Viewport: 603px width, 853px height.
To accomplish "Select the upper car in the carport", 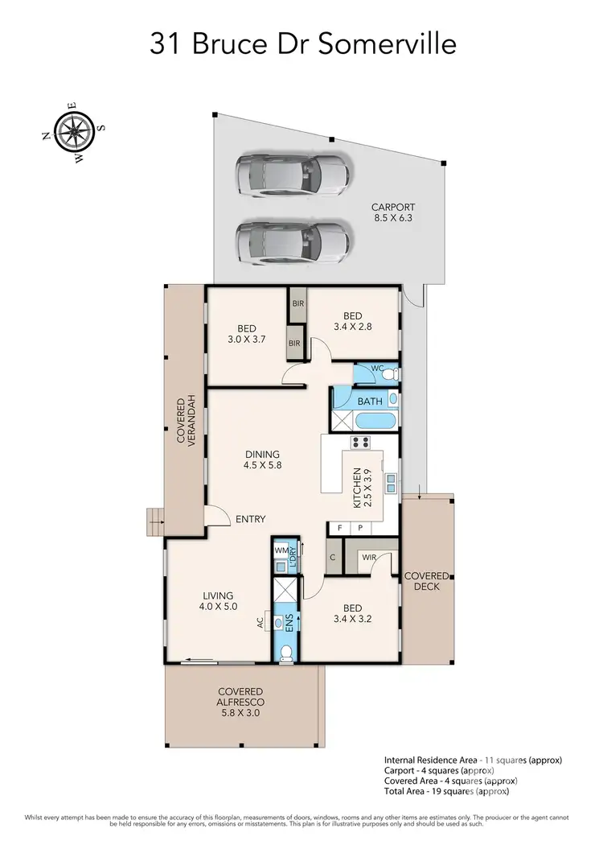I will pos(293,175).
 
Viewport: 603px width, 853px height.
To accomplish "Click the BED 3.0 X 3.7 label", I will pos(246,334).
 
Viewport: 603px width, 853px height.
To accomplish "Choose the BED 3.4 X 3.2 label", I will pos(352,614).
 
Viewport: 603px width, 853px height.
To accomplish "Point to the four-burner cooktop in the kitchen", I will pos(359,442).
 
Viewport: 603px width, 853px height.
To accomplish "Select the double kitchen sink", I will pos(390,483).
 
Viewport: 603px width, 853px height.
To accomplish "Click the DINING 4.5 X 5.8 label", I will pos(262,459).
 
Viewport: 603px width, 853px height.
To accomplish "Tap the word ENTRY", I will pos(250,519).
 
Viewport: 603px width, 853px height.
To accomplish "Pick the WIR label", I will pos(370,556).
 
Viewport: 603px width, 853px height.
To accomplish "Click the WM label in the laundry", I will pos(281,550).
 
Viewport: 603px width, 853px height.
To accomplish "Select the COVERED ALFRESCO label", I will pos(240,702).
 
